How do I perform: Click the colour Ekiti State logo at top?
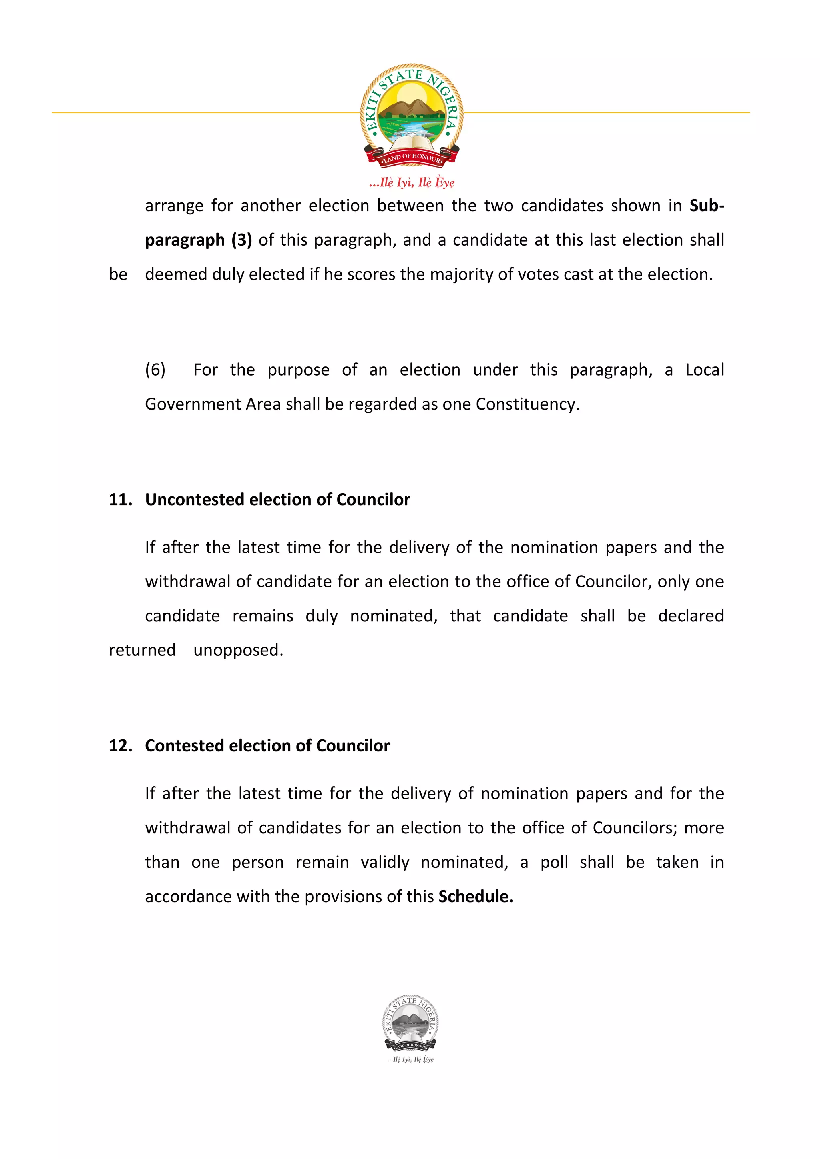point(411,115)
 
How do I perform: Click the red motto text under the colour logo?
point(411,182)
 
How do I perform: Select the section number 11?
point(120,499)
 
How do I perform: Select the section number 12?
point(120,745)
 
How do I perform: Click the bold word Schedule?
point(475,897)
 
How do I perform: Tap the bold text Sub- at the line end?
point(706,206)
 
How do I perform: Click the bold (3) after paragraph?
point(241,240)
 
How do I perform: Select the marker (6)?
point(155,370)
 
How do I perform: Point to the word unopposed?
point(238,650)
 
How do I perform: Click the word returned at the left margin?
point(142,650)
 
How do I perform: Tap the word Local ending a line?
point(704,370)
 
